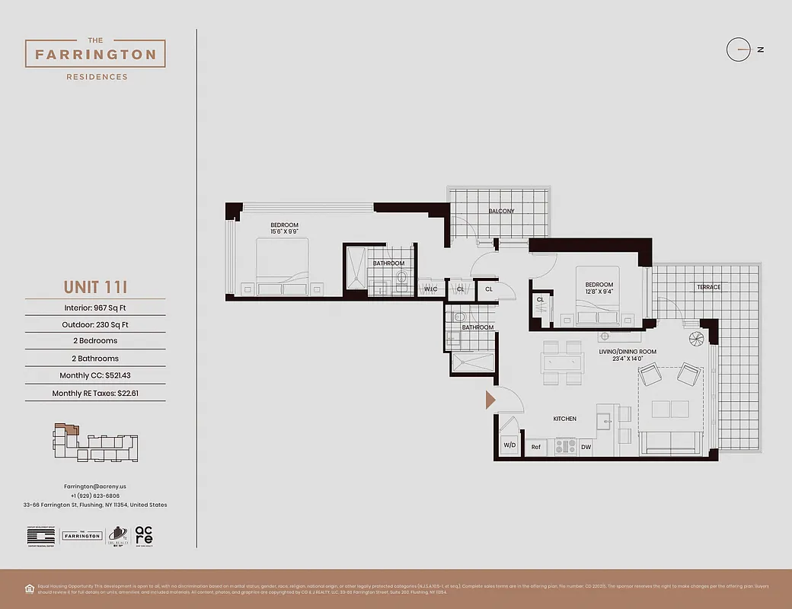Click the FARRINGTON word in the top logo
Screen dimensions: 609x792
coord(95,55)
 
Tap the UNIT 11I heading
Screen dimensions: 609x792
coord(95,287)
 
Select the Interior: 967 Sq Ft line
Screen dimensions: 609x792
coord(95,308)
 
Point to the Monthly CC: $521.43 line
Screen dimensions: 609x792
coord(95,375)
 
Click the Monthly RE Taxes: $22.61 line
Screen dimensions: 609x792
coord(95,394)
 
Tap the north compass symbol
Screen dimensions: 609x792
coord(739,50)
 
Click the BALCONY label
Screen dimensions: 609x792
coord(501,211)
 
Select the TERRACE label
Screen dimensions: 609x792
coord(708,287)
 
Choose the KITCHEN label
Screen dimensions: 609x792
coord(564,419)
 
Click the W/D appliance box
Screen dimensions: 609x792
coord(509,445)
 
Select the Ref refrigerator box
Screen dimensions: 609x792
coord(535,447)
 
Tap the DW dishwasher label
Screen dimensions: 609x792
coord(586,447)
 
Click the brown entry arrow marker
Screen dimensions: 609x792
coord(490,400)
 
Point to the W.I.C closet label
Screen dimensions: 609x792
coord(431,289)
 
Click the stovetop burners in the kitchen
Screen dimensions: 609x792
coord(565,446)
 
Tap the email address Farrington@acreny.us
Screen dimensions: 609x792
coord(95,486)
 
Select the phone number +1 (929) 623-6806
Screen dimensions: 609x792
coord(95,496)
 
